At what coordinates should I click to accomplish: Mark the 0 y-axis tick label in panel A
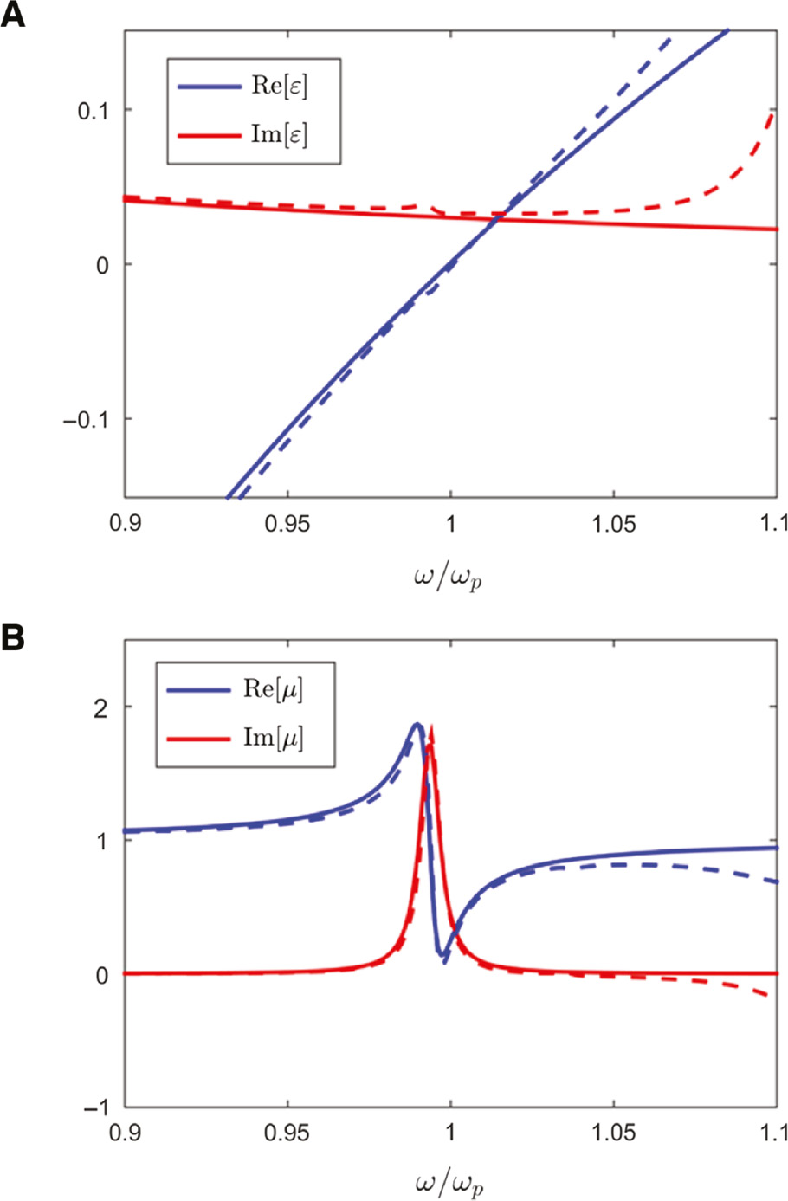point(103,265)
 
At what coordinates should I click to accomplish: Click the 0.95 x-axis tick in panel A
point(287,525)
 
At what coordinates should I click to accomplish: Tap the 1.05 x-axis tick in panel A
point(613,525)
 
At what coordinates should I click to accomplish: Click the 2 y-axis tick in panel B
point(102,707)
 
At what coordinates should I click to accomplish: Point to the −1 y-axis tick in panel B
point(95,1108)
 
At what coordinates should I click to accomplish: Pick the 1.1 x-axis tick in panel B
point(772,1133)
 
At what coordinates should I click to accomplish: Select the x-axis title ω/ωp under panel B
point(448,1183)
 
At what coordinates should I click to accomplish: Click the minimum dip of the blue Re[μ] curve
point(444,960)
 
